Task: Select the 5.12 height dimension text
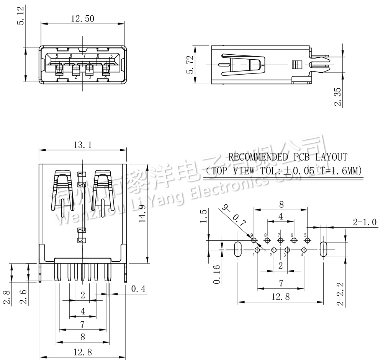(x=20, y=16)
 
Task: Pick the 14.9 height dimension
(x=142, y=212)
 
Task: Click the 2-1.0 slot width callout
(x=364, y=222)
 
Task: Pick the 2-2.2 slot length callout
(x=340, y=294)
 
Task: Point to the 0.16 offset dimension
(x=217, y=275)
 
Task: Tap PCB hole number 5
(x=307, y=240)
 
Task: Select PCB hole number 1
(x=257, y=250)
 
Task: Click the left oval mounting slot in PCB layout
(x=237, y=249)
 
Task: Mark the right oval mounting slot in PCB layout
(x=323, y=249)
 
